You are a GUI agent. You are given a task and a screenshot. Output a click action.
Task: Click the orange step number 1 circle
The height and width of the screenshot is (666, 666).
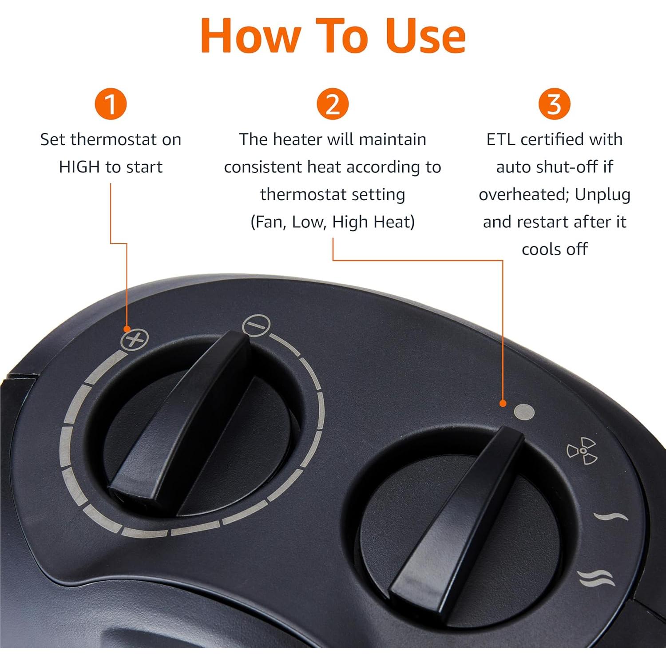[x=111, y=104]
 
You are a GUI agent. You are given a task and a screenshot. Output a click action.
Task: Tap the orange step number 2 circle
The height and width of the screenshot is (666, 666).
[x=333, y=104]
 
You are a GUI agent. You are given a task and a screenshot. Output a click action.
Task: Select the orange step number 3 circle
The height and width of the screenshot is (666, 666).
[x=554, y=104]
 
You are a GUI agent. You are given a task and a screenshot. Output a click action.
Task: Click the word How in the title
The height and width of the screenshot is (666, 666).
[x=251, y=36]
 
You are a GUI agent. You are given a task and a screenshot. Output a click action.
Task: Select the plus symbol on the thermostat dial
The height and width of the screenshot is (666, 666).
[x=135, y=341]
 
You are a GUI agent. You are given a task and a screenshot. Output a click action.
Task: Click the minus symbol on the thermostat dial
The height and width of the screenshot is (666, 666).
[x=256, y=325]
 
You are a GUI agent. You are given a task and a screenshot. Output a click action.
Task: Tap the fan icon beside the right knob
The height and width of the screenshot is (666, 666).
[x=582, y=451]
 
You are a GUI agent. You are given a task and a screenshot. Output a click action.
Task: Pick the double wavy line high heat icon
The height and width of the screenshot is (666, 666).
[x=596, y=578]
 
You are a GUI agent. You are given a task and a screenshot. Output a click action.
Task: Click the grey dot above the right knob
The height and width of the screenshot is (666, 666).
[x=524, y=412]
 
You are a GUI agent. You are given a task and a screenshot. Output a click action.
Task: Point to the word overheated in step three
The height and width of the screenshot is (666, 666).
[x=523, y=195]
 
